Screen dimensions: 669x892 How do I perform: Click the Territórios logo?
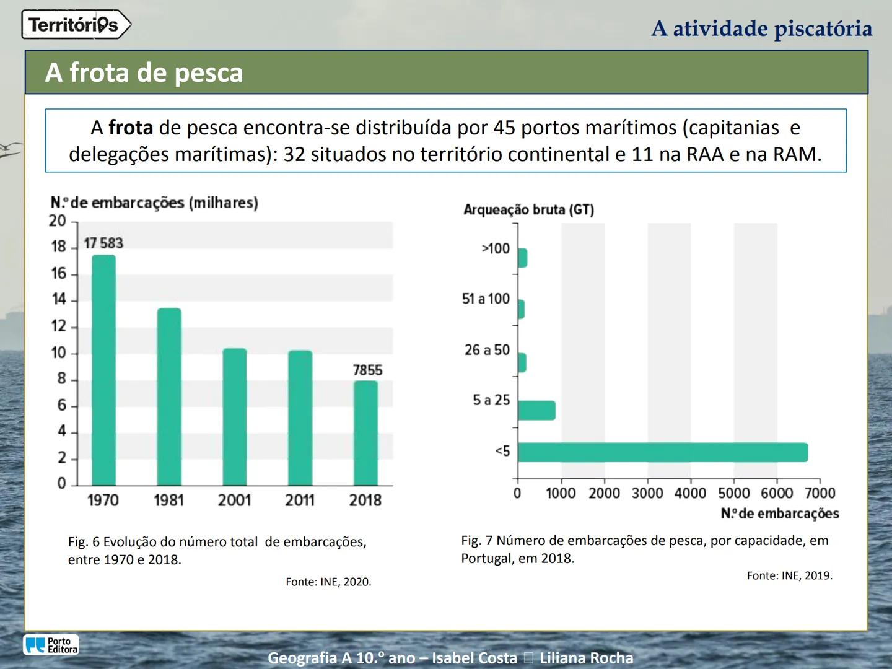76,25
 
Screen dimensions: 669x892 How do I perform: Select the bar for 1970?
103,370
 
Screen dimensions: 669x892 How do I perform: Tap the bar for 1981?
169,396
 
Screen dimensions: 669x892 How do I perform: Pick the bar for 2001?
235,417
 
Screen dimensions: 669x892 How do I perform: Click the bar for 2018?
365,433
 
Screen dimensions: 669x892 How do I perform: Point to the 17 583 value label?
103,243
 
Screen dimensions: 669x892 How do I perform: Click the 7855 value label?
367,370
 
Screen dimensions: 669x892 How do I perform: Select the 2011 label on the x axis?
300,500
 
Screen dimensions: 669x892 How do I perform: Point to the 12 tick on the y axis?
58,326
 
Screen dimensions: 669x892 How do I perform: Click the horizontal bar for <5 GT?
662,452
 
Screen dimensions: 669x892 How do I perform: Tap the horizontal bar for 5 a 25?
536,411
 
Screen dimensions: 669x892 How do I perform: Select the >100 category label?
495,248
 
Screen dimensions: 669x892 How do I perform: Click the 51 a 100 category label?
486,299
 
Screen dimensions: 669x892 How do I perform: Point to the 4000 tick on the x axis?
690,493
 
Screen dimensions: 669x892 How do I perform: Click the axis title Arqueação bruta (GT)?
528,209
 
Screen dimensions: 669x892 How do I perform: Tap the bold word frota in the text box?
131,128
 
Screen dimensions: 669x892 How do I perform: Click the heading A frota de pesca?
144,72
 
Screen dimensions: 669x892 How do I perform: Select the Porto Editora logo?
51,645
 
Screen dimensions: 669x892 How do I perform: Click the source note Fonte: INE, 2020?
328,582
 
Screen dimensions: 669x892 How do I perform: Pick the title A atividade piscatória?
761,28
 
